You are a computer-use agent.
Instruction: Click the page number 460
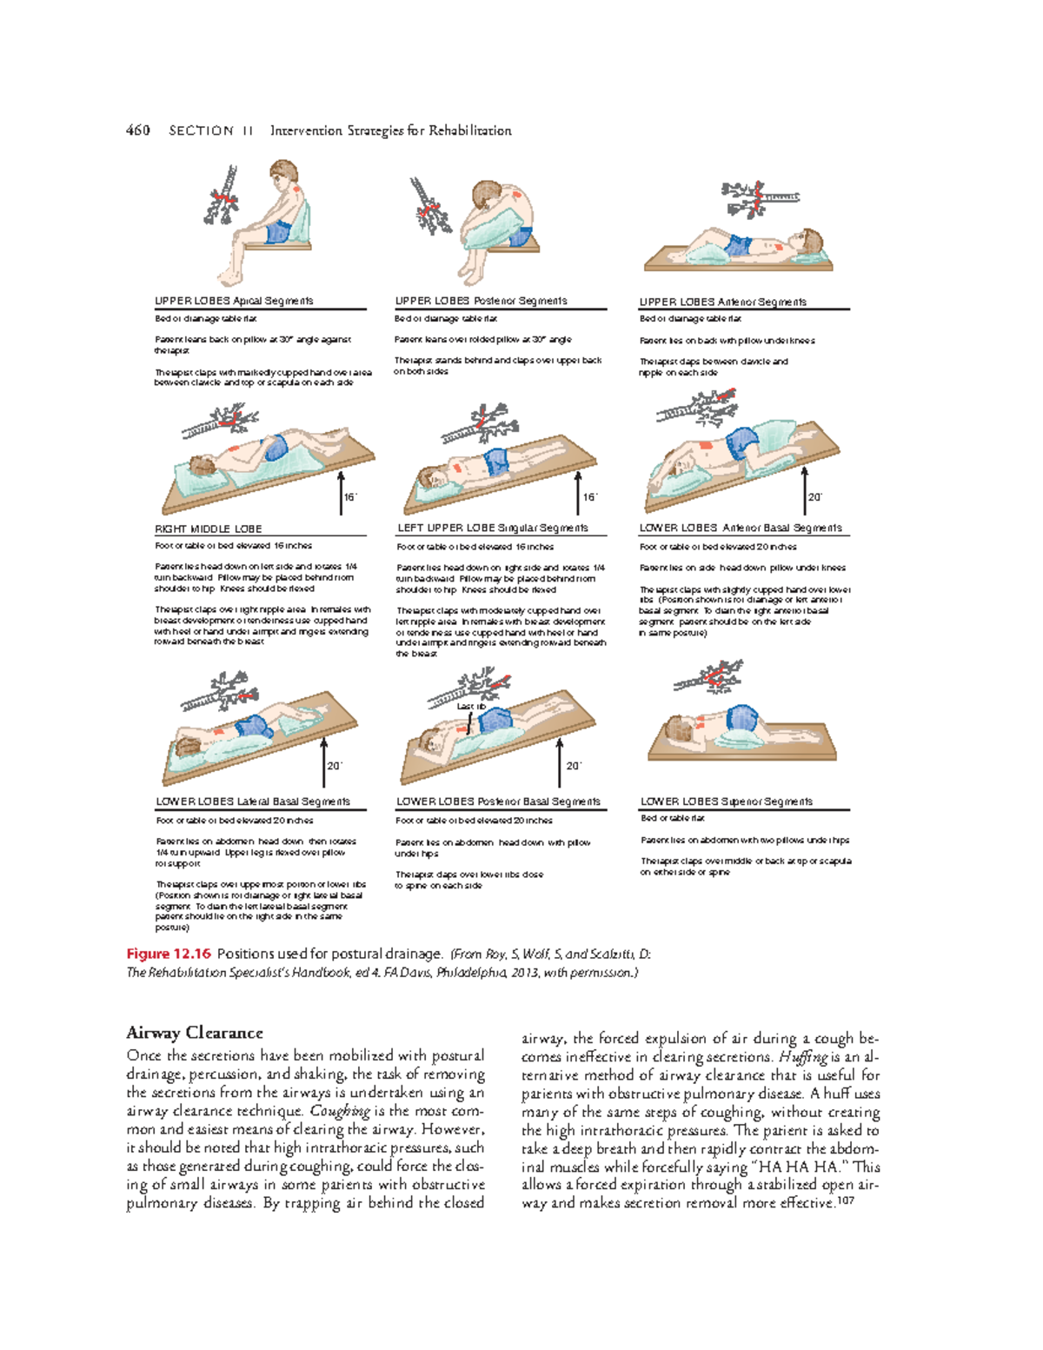pos(137,130)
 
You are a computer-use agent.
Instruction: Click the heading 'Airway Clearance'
pos(194,1033)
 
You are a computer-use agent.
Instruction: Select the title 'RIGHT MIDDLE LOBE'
pos(208,529)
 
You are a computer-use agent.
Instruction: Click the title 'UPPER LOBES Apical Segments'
pos(234,301)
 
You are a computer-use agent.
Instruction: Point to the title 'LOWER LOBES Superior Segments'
pos(727,801)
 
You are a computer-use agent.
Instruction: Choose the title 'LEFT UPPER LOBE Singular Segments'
pos(492,528)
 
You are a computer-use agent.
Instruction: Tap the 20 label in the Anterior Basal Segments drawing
pos(814,497)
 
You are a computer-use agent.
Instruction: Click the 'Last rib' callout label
pos(470,707)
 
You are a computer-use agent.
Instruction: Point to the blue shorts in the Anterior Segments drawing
pos(738,245)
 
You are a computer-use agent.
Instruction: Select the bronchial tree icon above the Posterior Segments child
pos(428,206)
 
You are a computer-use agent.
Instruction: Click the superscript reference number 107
pos(845,1201)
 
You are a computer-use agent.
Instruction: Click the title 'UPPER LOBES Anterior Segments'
pos(722,302)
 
